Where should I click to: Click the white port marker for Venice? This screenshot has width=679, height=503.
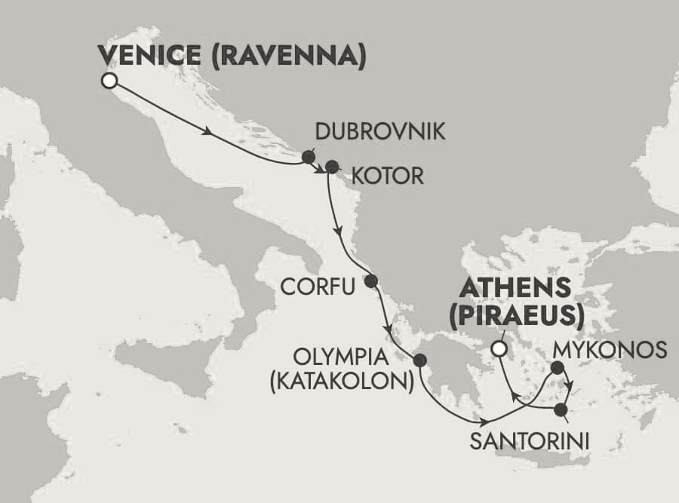tap(110, 81)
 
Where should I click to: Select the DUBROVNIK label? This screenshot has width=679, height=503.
tap(370, 133)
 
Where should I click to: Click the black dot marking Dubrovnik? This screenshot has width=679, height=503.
tap(308, 157)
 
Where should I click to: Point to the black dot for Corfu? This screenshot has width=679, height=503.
tap(370, 281)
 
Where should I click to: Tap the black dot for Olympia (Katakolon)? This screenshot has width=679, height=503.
tap(419, 360)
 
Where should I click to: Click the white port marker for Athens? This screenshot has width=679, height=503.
tap(498, 348)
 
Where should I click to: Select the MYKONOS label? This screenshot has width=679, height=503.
tap(610, 350)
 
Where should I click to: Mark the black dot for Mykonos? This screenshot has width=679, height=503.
tap(557, 368)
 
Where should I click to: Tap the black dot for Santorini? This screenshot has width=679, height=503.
tap(561, 410)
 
